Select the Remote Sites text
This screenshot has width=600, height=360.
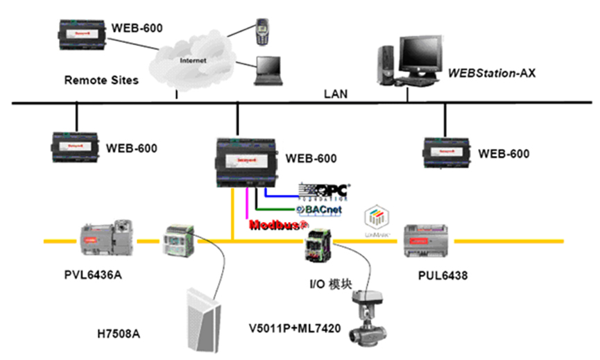tap(101, 80)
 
